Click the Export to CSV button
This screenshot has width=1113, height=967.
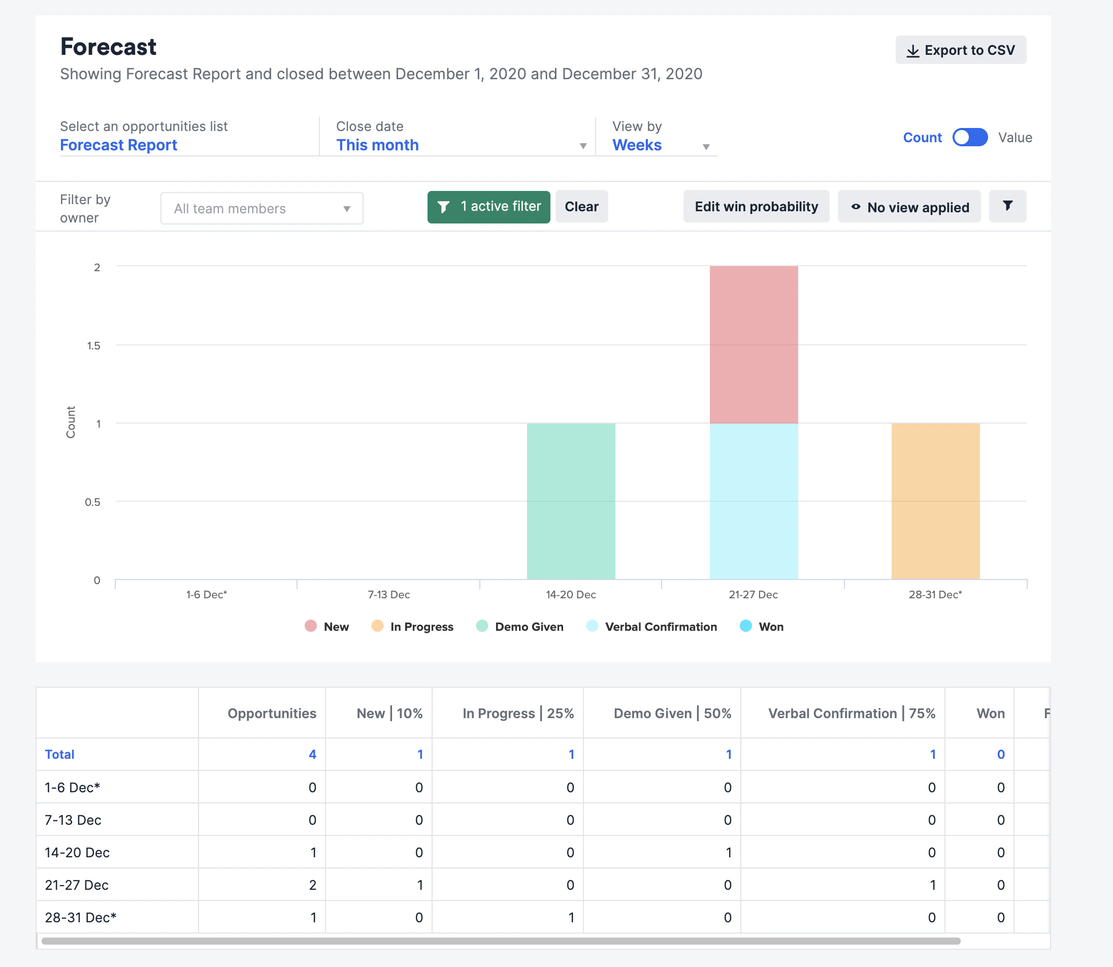pyautogui.click(x=960, y=50)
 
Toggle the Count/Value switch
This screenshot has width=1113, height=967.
pyautogui.click(x=969, y=137)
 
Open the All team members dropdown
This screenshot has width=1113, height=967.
pyautogui.click(x=261, y=208)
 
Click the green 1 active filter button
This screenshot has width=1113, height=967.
pyautogui.click(x=488, y=207)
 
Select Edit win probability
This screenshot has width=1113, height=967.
pyautogui.click(x=756, y=207)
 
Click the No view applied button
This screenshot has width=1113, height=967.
pyautogui.click(x=909, y=207)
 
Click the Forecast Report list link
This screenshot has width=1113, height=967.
pyautogui.click(x=119, y=145)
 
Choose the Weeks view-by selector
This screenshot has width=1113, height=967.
pyautogui.click(x=661, y=145)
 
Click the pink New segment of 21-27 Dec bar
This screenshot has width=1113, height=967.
pyautogui.click(x=754, y=344)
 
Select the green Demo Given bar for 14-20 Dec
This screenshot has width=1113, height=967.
pyautogui.click(x=571, y=501)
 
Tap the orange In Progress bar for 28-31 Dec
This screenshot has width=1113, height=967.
pyautogui.click(x=935, y=501)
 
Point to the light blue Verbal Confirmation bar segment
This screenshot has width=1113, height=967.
pyautogui.click(x=754, y=501)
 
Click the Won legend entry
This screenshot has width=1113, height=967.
pyautogui.click(x=762, y=627)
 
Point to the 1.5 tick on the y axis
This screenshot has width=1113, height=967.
pyautogui.click(x=94, y=345)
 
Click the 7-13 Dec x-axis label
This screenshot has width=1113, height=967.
pyautogui.click(x=389, y=595)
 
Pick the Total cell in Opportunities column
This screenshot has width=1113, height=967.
pyautogui.click(x=312, y=754)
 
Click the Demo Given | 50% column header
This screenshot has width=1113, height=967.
pyautogui.click(x=672, y=714)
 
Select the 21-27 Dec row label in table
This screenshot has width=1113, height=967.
pyautogui.click(x=77, y=885)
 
